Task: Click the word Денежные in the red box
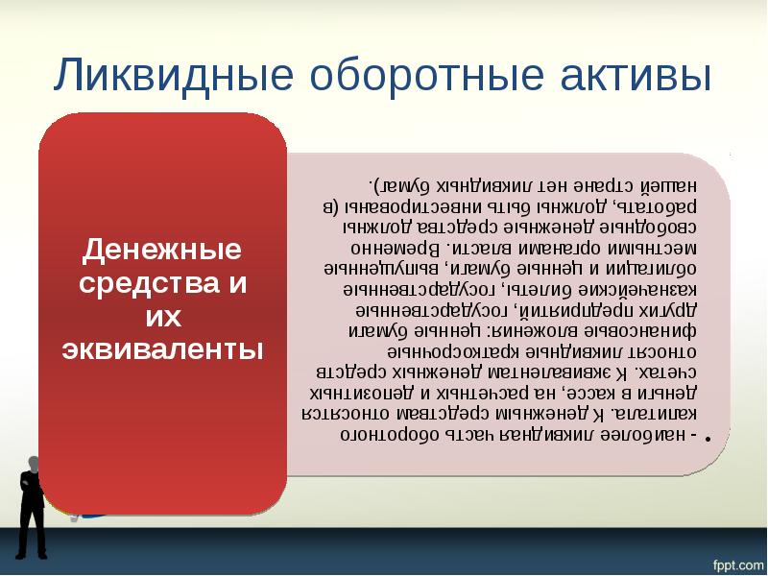[161, 253]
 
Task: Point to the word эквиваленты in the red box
[161, 348]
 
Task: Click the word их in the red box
[161, 317]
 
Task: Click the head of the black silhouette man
[32, 465]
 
